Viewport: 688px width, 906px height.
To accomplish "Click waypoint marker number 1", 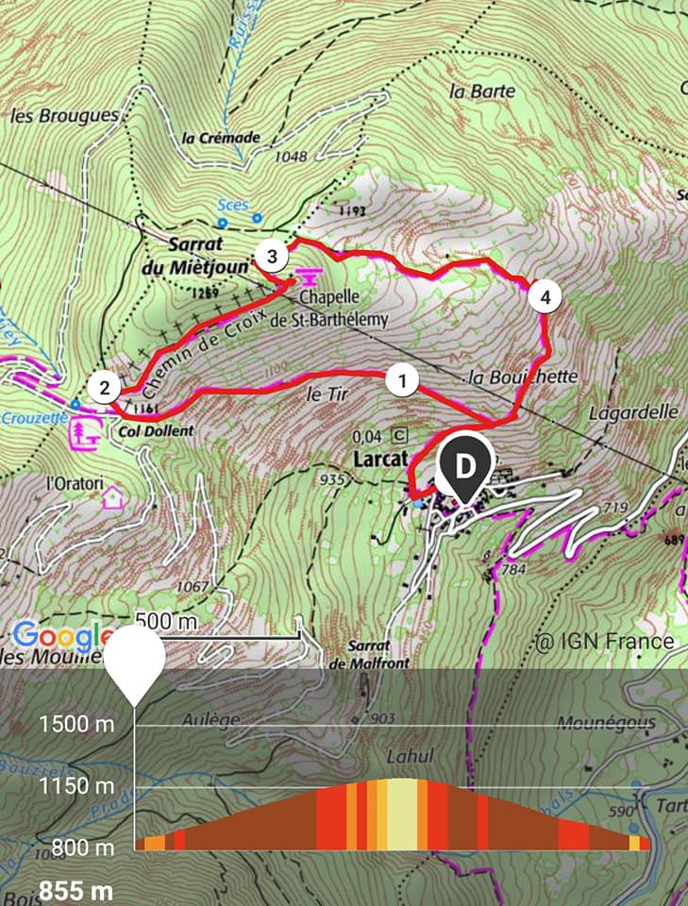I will coord(402,380).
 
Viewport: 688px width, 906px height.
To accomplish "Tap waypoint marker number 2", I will coord(105,387).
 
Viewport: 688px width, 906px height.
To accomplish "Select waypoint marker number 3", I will coord(272,256).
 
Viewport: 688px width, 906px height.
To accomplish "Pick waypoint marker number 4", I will coord(544,297).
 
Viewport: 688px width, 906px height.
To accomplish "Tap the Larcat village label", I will coord(378,459).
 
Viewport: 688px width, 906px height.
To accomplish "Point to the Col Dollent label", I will coord(157,430).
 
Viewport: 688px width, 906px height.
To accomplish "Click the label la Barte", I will coord(483,91).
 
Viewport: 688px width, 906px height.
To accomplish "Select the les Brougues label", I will coord(65,116).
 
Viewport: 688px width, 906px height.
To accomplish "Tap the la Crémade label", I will coord(221,138).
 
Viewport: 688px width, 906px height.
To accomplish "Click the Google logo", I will coord(62,636).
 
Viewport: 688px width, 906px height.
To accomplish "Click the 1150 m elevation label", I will coord(76,786).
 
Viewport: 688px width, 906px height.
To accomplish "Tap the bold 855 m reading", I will coord(76,890).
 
